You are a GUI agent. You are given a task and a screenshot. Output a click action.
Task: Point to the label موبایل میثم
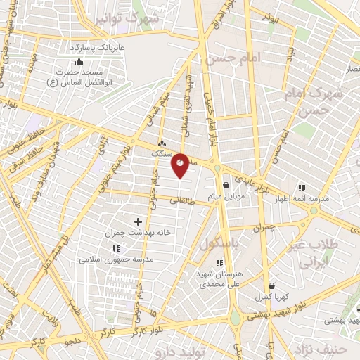click(226, 196)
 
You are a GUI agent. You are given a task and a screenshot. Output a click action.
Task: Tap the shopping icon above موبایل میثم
click(226, 186)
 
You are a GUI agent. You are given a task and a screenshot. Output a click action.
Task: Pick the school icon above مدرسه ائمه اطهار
click(302, 188)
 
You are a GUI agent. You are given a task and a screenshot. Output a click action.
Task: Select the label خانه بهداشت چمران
click(138, 232)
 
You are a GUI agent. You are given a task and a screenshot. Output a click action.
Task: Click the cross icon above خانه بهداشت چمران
click(138, 221)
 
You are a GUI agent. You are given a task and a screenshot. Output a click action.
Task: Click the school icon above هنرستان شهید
click(219, 263)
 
